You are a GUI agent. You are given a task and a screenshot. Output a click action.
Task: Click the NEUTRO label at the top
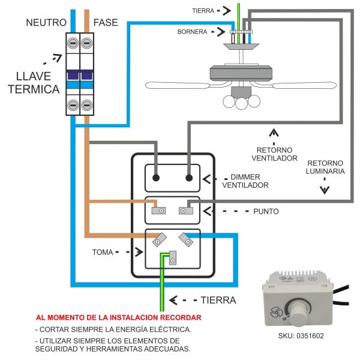click(41, 23)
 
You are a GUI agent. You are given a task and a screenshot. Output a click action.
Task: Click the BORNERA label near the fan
click(192, 31)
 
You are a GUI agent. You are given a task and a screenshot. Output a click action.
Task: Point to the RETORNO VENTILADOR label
click(274, 154)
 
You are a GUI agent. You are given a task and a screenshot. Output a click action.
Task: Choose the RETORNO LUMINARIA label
click(326, 167)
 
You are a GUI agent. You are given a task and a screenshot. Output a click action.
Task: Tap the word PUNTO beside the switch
click(266, 212)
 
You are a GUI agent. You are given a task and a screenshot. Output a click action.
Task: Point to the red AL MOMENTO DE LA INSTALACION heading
click(118, 317)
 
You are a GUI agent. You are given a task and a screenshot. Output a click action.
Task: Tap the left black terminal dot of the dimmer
click(157, 178)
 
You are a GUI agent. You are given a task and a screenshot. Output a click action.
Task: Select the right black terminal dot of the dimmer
click(190, 178)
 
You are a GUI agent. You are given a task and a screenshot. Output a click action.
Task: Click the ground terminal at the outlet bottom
click(173, 260)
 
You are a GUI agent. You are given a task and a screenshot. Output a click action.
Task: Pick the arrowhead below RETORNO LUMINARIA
click(325, 190)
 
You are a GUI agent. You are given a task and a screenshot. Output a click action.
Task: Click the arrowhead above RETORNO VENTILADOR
click(274, 133)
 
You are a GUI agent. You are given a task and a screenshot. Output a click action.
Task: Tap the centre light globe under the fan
click(241, 103)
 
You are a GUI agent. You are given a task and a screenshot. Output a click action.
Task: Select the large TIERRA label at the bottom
click(218, 299)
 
